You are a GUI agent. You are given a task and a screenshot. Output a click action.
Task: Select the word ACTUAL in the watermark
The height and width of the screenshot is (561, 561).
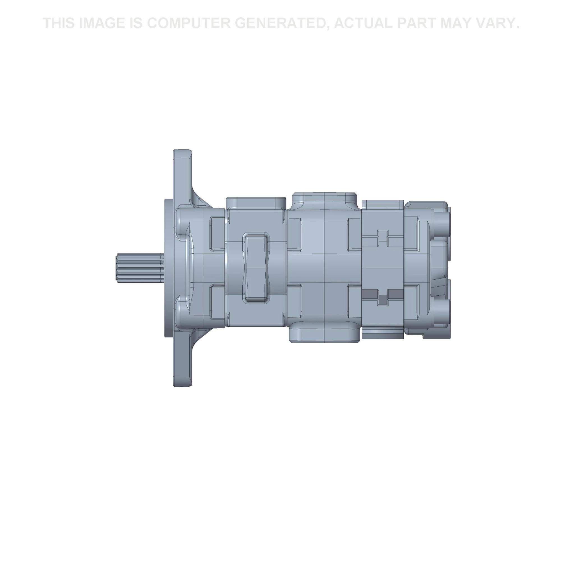tap(363, 23)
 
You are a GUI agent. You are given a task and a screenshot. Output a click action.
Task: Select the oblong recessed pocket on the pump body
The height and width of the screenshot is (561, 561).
tap(255, 267)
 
